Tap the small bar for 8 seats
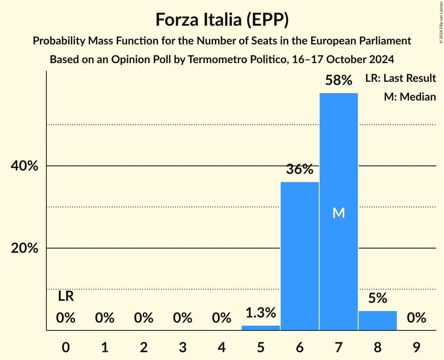[377, 320]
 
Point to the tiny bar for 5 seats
[260, 328]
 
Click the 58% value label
[338, 81]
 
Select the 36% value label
[299, 169]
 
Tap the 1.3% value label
[260, 312]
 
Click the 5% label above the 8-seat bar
[377, 298]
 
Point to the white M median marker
[338, 213]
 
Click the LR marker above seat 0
[66, 296]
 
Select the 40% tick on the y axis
[24, 166]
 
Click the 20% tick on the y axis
[24, 248]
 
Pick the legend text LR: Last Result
[400, 78]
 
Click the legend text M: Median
[410, 97]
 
